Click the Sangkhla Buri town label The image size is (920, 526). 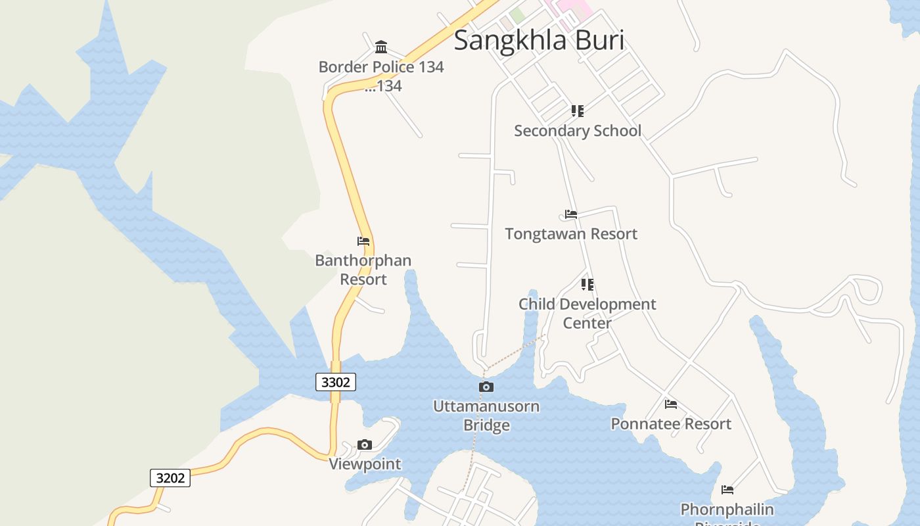539,40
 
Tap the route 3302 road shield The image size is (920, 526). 336,382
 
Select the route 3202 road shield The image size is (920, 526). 170,478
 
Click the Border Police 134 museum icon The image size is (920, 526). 381,47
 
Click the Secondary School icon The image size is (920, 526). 578,111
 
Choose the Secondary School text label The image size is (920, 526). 578,131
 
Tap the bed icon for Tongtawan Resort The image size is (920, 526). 571,214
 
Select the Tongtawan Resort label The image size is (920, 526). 571,234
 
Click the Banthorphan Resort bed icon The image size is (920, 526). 363,241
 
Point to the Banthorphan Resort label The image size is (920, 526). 363,270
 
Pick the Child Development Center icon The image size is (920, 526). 587,285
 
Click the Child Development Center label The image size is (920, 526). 587,314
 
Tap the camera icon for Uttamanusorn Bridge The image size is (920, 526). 486,387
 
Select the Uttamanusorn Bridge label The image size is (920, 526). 486,416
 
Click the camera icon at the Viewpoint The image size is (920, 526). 365,445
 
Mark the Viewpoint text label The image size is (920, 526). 365,464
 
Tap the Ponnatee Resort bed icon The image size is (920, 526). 671,404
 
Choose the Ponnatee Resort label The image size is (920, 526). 671,424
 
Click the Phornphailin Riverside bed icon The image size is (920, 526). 727,490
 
